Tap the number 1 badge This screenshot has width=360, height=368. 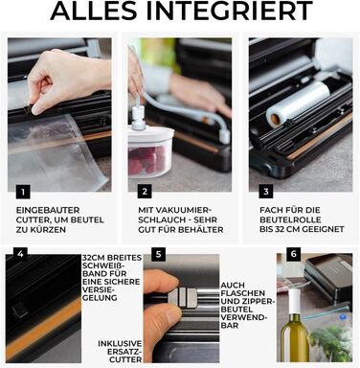point(23,192)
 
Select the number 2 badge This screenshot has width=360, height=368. point(145,192)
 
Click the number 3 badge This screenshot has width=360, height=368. point(266,192)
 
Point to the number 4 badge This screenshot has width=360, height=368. point(20,254)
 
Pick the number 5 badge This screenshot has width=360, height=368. point(159,254)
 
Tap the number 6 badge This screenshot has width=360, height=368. point(293,254)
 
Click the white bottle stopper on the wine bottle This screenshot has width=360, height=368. point(294,301)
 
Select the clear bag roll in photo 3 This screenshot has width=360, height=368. point(298,105)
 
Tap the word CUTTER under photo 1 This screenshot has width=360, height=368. point(32,219)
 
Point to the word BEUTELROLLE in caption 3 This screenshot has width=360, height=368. point(290,219)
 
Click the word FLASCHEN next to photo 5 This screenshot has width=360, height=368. point(242,293)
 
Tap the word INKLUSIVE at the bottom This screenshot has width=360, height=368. point(120,344)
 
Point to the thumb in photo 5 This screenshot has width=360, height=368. point(159,323)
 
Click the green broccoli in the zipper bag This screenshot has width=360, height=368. point(330,343)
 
